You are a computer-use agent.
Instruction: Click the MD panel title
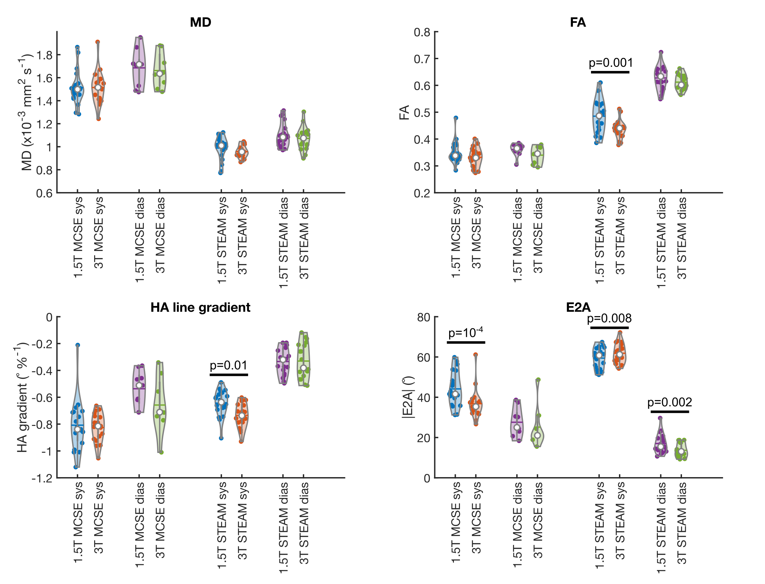200,22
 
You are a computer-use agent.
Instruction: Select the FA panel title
578,22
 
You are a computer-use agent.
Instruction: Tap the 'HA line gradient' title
200,307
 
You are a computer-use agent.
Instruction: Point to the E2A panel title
578,307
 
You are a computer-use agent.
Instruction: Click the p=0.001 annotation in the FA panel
611,63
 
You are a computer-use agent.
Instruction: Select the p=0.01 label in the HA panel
229,365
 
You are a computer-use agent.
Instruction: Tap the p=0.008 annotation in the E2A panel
609,318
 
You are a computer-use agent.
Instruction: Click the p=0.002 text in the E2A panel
670,402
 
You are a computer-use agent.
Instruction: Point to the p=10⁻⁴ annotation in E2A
466,332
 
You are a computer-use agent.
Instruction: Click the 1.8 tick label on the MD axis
45,55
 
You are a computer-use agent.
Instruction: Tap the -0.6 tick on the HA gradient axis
42,398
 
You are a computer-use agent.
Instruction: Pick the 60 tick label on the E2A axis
424,357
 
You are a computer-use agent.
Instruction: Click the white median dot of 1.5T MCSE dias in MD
139,64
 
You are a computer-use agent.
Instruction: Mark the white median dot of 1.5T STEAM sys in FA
599,116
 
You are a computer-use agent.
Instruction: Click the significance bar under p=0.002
670,412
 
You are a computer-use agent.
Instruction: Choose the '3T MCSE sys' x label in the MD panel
99,233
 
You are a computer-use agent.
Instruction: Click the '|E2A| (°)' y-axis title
408,397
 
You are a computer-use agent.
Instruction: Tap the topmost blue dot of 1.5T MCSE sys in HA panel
78,345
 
